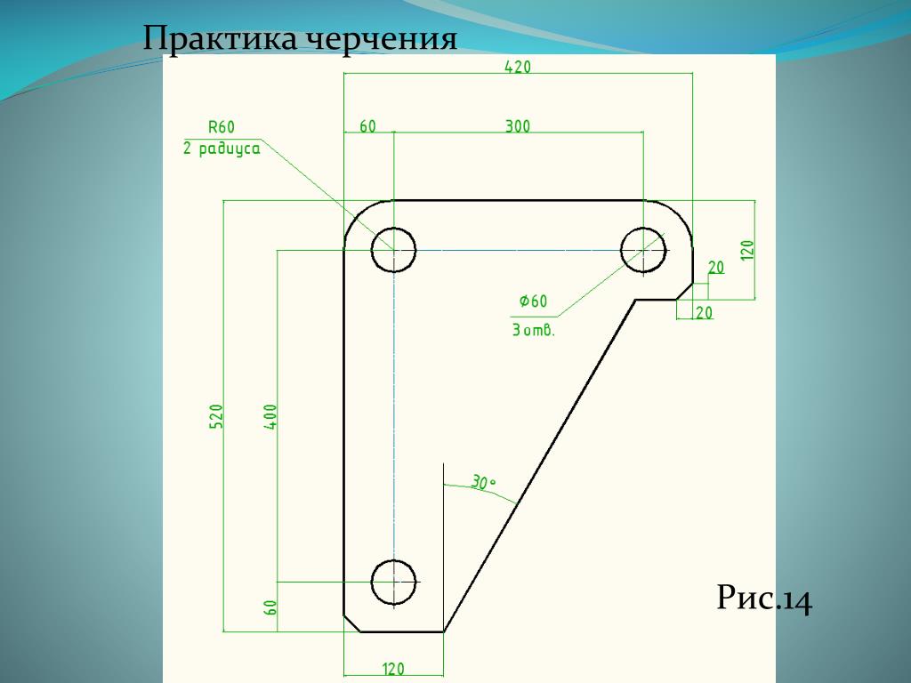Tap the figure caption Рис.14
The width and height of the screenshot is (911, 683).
[x=764, y=600]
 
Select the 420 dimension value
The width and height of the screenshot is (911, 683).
[x=518, y=67]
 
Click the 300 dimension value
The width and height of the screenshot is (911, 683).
[x=518, y=126]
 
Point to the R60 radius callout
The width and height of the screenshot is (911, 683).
[x=222, y=126]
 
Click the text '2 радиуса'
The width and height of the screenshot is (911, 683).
[x=222, y=149]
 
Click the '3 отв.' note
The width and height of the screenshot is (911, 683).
[x=533, y=331]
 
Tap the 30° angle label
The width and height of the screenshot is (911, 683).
[x=483, y=484]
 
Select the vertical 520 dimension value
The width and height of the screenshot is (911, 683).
[x=216, y=416]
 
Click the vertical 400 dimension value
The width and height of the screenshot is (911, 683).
[x=270, y=416]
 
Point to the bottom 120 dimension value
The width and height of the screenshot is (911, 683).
[x=393, y=669]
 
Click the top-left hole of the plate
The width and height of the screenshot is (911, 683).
[x=393, y=249]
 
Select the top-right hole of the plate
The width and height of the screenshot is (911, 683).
[x=643, y=249]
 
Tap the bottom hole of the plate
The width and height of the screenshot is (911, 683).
[x=393, y=582]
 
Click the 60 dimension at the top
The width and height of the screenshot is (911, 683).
[x=367, y=126]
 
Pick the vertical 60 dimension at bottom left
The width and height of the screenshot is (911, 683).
[x=270, y=607]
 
